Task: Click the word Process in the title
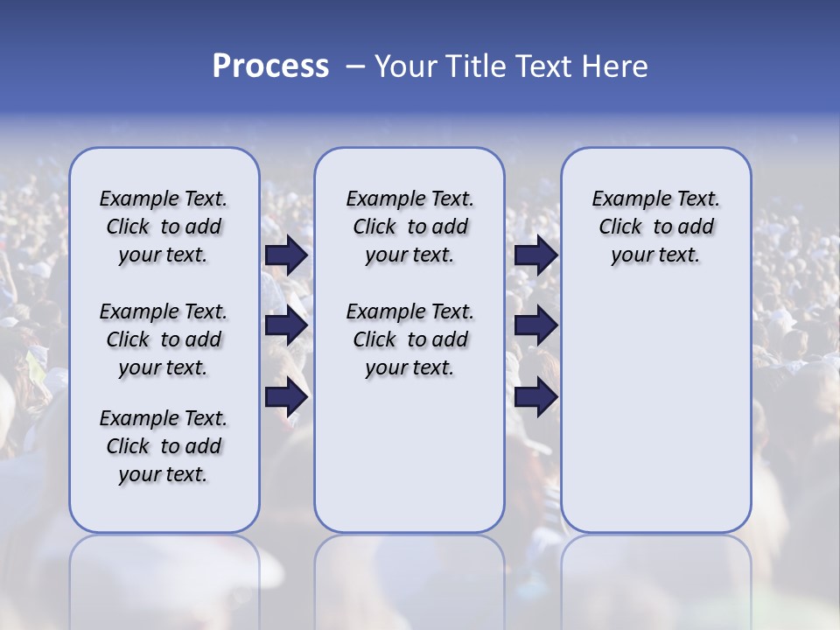[270, 66]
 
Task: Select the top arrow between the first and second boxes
[286, 255]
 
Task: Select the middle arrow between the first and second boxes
[286, 326]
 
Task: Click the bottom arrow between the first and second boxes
[286, 397]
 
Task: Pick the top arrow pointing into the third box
[535, 255]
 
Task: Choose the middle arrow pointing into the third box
[535, 326]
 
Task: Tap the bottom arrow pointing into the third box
[535, 397]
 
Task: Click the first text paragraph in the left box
[164, 227]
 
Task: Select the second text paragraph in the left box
[164, 339]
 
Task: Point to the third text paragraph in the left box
[164, 446]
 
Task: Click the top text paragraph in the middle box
[409, 227]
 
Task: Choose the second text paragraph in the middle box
[409, 339]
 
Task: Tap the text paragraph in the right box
[655, 227]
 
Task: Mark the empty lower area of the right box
[655, 411]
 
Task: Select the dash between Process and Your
[355, 66]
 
